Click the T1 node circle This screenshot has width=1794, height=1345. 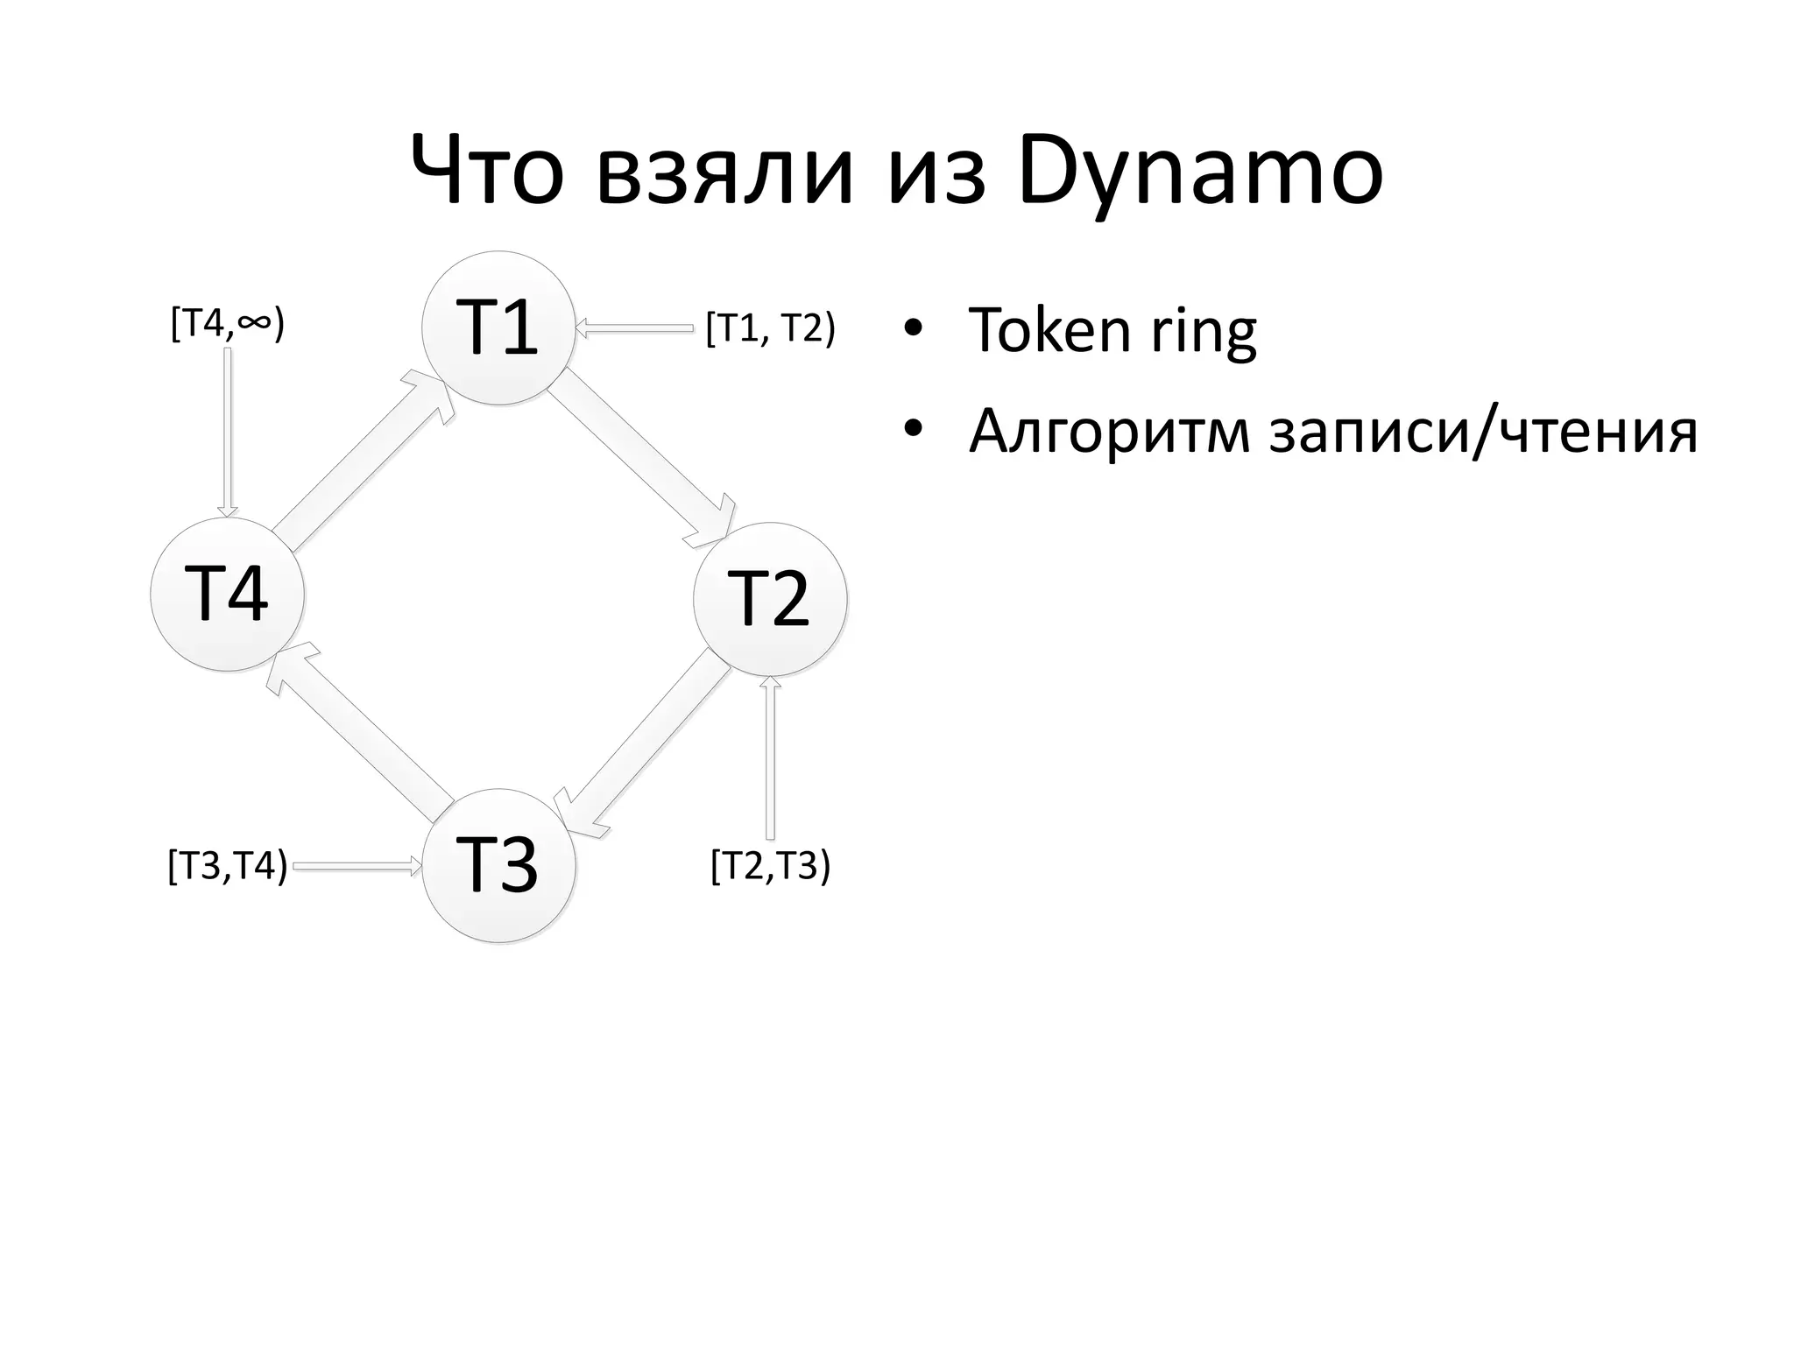(x=498, y=327)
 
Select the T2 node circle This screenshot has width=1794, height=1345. (x=769, y=599)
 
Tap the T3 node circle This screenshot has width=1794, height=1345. (x=498, y=865)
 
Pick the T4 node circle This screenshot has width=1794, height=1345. (x=228, y=594)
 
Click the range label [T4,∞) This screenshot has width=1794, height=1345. (x=228, y=324)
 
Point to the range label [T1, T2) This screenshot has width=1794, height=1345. (x=770, y=329)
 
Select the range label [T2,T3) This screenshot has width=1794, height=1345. (x=770, y=866)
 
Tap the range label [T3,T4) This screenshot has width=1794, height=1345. (x=228, y=867)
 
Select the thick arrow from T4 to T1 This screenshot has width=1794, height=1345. (x=364, y=460)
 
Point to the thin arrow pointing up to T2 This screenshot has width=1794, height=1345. (x=770, y=758)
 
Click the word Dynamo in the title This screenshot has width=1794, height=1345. (x=1201, y=173)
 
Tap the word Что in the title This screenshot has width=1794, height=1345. (x=486, y=173)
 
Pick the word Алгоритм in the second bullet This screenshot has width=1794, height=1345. (x=1109, y=431)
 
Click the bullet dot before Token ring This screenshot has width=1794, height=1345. (x=914, y=329)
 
